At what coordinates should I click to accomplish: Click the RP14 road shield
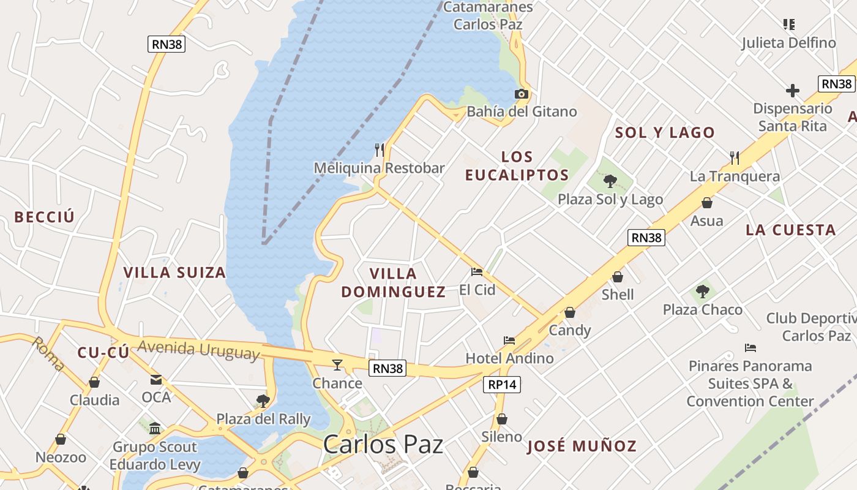coord(504,385)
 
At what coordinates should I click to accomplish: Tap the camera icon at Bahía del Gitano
coord(522,94)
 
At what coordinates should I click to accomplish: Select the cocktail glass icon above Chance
coord(337,365)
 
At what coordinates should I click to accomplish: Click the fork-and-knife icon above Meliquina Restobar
coord(380,149)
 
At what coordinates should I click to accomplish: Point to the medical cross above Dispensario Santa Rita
coord(793,91)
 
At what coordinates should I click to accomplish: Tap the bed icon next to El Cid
coord(477,272)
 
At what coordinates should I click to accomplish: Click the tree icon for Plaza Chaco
coord(703,292)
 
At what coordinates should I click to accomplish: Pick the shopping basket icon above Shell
coord(618,277)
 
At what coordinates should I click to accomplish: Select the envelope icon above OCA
coord(156,380)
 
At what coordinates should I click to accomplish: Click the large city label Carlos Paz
coord(383,444)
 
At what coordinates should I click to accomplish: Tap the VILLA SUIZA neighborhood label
coord(175,273)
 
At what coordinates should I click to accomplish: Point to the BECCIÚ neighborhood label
coord(44,217)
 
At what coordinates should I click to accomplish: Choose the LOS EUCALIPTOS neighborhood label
coord(517,166)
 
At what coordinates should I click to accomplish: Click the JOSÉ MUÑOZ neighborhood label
coord(582,446)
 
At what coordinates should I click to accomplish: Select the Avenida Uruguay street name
coord(198,350)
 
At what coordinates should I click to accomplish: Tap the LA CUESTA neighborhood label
coord(791,230)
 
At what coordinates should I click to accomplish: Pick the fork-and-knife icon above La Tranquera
coord(735,158)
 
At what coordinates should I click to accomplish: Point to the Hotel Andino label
coord(510,358)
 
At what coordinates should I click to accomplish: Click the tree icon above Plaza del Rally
coord(263,401)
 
